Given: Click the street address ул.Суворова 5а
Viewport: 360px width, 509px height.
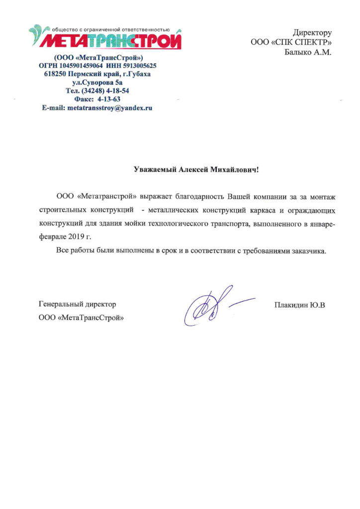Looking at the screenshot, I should point(97,83).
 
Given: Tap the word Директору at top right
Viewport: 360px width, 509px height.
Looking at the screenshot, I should point(312,33).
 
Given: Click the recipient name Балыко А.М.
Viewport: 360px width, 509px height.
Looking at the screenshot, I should point(307,52).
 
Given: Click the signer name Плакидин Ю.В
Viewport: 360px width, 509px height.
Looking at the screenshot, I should point(299,304).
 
